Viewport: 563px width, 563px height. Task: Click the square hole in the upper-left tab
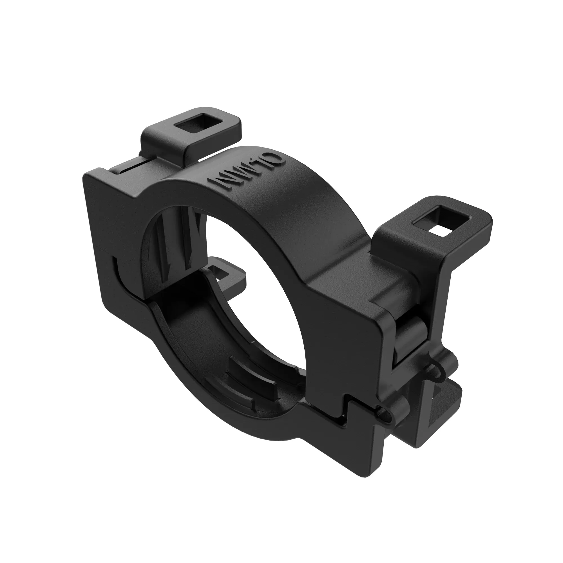(191, 126)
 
